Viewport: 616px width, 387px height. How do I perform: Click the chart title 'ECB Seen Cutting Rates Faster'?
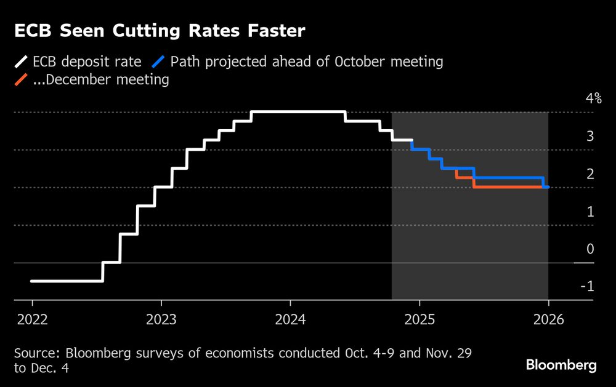tap(158, 31)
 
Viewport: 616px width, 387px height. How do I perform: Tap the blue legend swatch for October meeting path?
tap(160, 62)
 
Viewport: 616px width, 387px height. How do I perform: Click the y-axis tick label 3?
tap(590, 137)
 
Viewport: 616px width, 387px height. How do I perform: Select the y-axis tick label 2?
tap(590, 174)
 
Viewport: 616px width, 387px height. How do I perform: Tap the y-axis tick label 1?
tap(590, 212)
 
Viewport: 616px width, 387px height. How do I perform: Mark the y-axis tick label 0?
tap(590, 249)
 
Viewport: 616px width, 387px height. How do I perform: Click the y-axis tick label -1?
tap(588, 287)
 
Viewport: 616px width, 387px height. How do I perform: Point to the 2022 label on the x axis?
tap(32, 320)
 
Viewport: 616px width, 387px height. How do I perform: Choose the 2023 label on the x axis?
tap(161, 320)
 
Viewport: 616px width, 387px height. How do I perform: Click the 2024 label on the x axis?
tap(290, 320)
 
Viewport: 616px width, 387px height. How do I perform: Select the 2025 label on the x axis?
tap(419, 320)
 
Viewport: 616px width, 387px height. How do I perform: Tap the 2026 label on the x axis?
tap(548, 320)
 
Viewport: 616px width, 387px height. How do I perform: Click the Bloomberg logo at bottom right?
tap(561, 365)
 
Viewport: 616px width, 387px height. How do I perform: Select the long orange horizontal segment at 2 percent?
tap(508, 187)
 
